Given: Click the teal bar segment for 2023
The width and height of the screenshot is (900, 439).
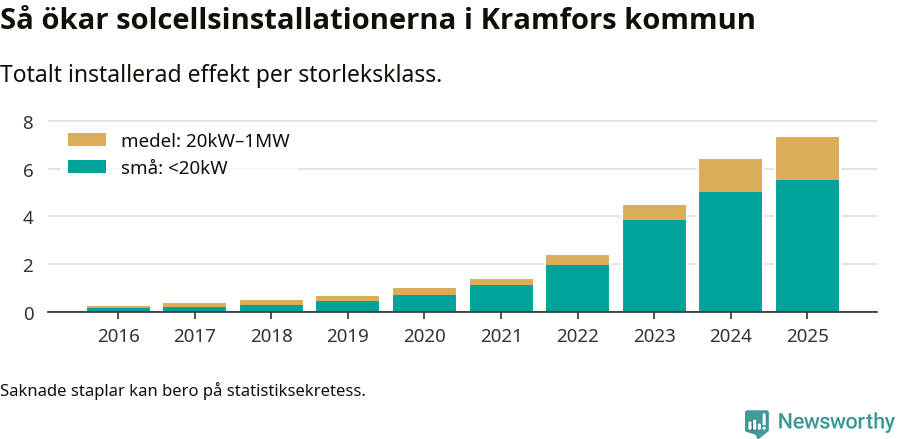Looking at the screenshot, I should (x=654, y=266).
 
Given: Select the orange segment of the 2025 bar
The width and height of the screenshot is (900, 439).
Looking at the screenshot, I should (x=807, y=158).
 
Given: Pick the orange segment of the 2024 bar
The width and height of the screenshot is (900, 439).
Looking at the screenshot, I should (x=730, y=175).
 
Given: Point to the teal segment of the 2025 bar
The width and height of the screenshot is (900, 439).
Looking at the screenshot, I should (x=807, y=246).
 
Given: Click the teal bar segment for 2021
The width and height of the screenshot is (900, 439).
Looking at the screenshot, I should (x=501, y=299).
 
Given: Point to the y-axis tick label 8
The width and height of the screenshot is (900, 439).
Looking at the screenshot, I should (x=28, y=122).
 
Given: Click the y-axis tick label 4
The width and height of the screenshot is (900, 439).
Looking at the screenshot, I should (x=28, y=217).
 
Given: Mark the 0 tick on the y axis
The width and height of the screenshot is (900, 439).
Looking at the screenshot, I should (x=28, y=313).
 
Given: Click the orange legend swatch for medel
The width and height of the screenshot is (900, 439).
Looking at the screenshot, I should (x=86, y=140).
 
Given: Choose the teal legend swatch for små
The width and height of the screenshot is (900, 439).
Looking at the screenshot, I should (x=86, y=167).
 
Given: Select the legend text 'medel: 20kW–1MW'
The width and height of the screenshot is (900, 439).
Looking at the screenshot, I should (x=205, y=141).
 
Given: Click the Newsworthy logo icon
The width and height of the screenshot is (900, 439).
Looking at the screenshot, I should (x=757, y=422).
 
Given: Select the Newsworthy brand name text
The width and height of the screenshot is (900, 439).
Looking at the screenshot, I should (x=836, y=422).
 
